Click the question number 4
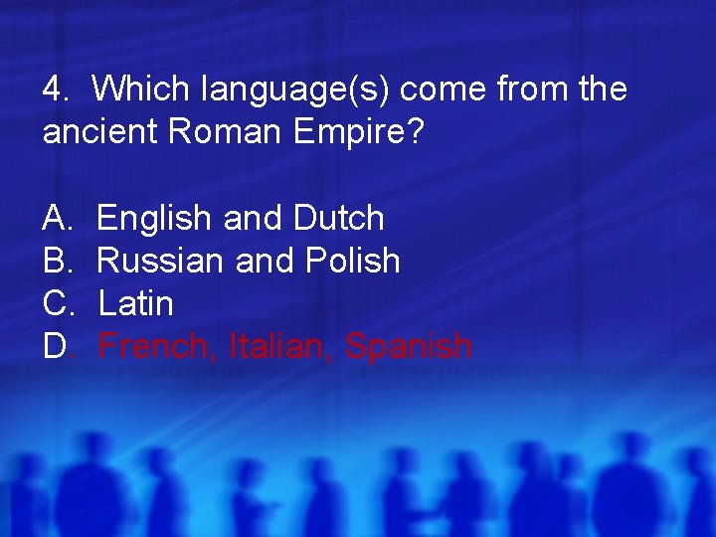click(x=53, y=89)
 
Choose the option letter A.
click(x=55, y=218)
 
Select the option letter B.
click(x=55, y=261)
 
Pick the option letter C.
click(x=55, y=303)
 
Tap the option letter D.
click(x=55, y=346)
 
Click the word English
click(x=154, y=218)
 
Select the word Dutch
click(x=339, y=218)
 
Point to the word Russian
click(x=161, y=261)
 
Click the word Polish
click(x=353, y=261)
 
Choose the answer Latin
click(x=136, y=303)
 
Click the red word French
click(x=158, y=347)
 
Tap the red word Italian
click(x=281, y=347)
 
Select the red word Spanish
click(x=408, y=347)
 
